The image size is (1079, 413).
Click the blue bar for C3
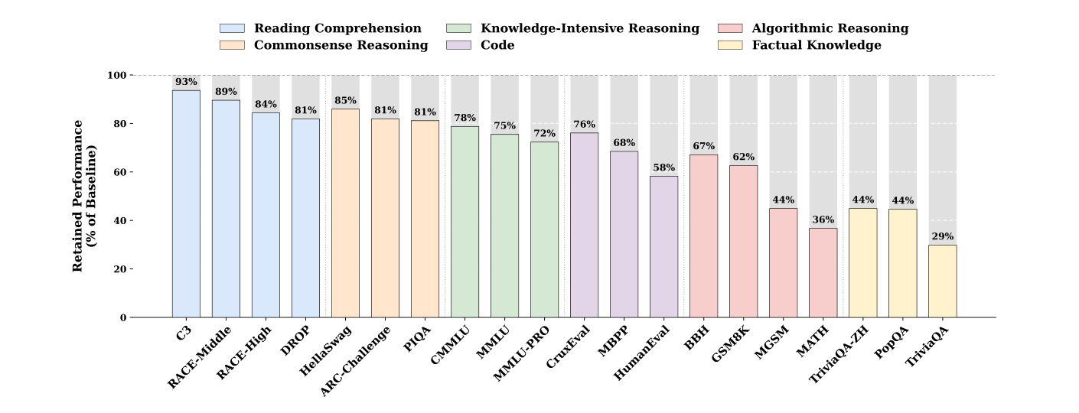pos(187,204)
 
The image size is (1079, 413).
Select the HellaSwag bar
pos(345,213)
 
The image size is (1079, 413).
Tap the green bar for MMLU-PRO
pos(544,229)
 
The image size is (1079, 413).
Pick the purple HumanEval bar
pos(663,247)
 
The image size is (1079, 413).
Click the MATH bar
pos(823,273)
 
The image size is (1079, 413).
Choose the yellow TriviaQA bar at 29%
pos(943,281)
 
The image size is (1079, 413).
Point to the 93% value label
pos(187,82)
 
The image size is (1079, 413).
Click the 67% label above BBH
pos(704,146)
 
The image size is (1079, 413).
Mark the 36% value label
pos(823,220)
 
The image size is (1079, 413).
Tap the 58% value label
pos(663,167)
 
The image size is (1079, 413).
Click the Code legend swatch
pos(458,45)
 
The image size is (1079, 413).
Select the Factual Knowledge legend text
pos(817,45)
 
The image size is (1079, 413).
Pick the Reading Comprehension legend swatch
pos(232,28)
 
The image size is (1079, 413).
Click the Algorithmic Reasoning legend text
pos(830,28)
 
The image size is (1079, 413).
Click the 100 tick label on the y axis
pos(117,76)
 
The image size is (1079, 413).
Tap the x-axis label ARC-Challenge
pos(355,362)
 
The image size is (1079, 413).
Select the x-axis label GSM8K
pos(731,344)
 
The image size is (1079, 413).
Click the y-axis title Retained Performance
pos(77,196)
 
